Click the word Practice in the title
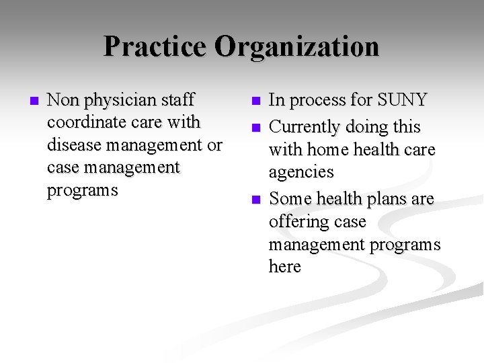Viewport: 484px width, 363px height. [156, 47]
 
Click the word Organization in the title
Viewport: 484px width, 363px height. [297, 47]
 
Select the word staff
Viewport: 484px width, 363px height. [181, 100]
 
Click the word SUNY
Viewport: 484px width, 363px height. [402, 100]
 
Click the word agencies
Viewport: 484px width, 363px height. [301, 172]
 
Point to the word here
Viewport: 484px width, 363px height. [284, 267]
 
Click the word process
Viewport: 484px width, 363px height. [319, 100]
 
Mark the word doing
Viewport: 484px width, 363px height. [366, 127]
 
